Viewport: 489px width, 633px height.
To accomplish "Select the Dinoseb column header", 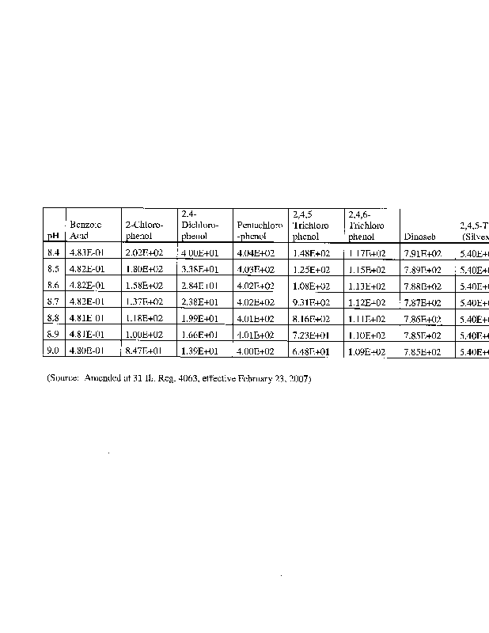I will (419, 236).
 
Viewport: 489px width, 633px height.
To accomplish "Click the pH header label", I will (53, 236).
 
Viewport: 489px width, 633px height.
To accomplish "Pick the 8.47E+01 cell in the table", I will (143, 351).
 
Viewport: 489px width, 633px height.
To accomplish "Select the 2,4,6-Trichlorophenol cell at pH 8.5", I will (366, 270).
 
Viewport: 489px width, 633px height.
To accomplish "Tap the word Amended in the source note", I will (104, 379).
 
